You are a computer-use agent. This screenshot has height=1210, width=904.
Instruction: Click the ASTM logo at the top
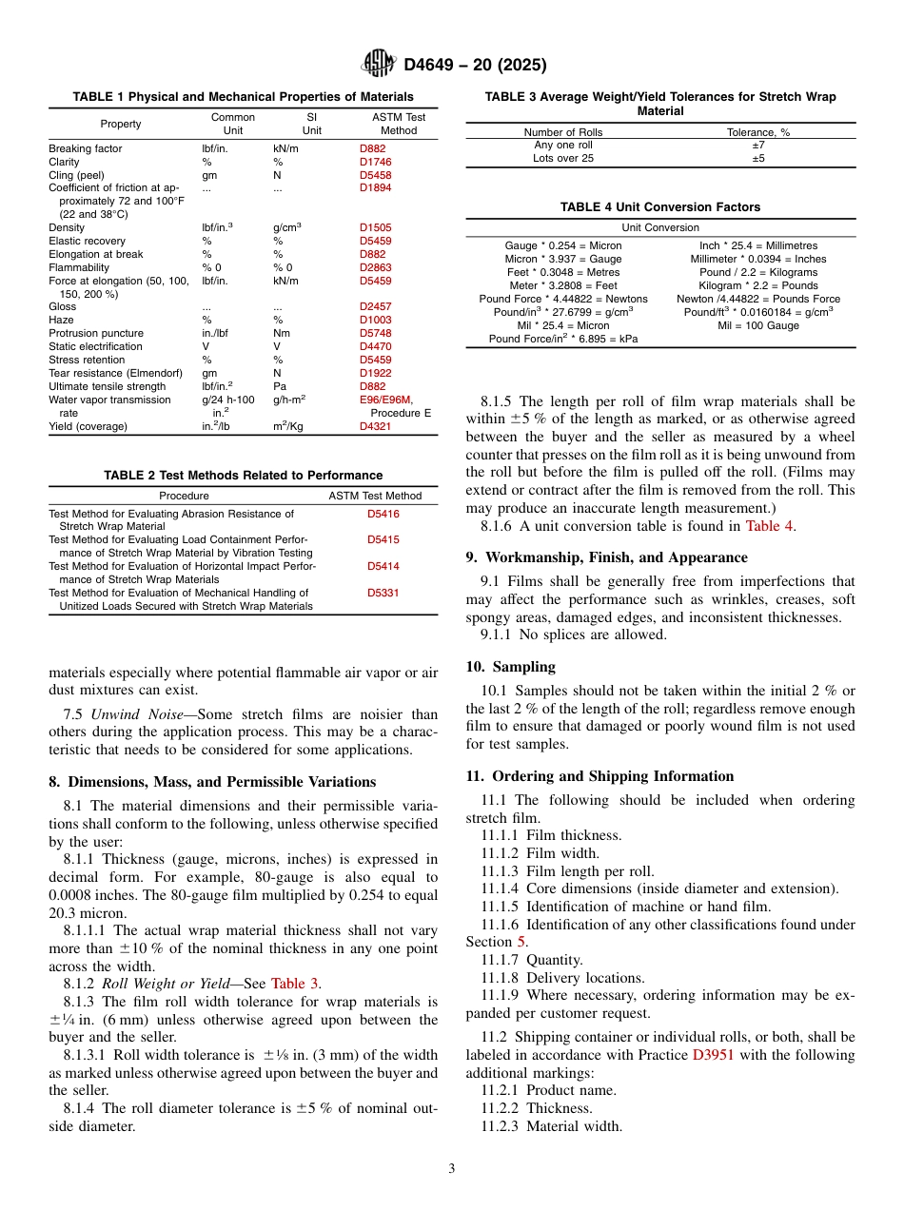(x=379, y=65)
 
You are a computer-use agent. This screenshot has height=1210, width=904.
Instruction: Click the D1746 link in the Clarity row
(x=375, y=162)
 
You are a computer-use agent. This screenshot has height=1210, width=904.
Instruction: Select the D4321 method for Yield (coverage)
(x=375, y=426)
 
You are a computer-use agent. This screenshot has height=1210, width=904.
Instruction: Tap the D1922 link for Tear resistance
(x=375, y=373)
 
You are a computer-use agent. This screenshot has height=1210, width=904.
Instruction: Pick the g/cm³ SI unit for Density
(x=286, y=228)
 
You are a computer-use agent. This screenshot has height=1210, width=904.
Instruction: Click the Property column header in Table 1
(x=121, y=124)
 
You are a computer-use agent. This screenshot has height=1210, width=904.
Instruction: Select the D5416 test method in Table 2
(x=383, y=514)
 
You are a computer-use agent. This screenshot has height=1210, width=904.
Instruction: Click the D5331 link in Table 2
(x=383, y=593)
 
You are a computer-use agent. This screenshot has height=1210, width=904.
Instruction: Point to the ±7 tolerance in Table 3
(x=758, y=146)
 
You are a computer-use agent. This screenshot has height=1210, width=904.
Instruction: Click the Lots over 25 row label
(x=563, y=159)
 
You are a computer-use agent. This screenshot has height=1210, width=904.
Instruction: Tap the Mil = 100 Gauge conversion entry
(x=758, y=325)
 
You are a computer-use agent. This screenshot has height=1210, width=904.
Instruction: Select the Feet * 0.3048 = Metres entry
(x=562, y=272)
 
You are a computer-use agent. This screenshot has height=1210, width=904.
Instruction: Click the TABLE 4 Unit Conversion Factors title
(x=660, y=206)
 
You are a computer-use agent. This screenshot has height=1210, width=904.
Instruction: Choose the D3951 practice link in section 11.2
(x=713, y=1054)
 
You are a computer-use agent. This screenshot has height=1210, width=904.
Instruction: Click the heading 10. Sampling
(x=511, y=667)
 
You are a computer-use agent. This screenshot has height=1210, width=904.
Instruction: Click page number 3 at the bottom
(x=452, y=1169)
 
